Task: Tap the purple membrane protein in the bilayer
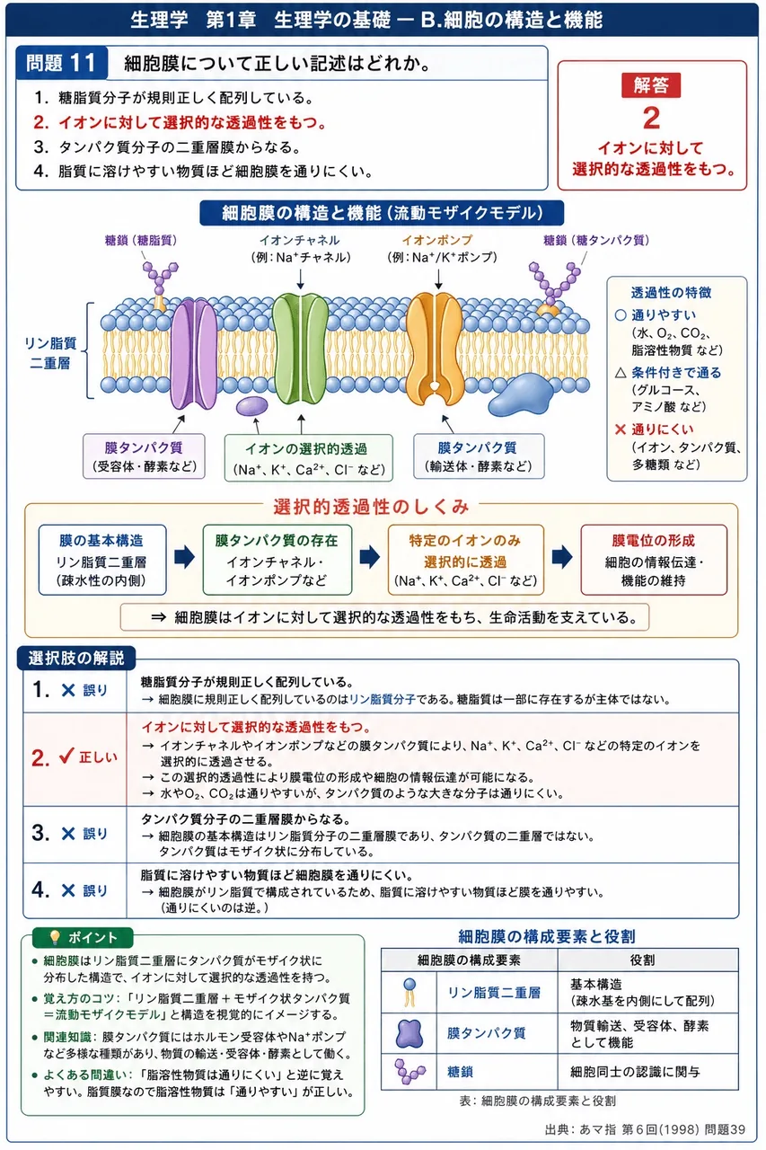pyautogui.click(x=193, y=354)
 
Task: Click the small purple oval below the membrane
pyautogui.click(x=252, y=405)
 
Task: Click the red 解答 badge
pyautogui.click(x=651, y=84)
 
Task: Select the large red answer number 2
pyautogui.click(x=652, y=118)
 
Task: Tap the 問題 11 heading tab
pyautogui.click(x=62, y=63)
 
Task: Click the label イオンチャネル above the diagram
pyautogui.click(x=299, y=240)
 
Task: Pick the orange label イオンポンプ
pyautogui.click(x=436, y=240)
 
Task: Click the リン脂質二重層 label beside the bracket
pyautogui.click(x=50, y=353)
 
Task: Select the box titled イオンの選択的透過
pyautogui.click(x=308, y=458)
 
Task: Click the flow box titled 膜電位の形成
pyautogui.click(x=654, y=560)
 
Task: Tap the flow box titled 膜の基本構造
pyautogui.click(x=102, y=560)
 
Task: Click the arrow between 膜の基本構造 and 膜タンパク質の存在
pyautogui.click(x=184, y=558)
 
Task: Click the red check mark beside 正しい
pyautogui.click(x=66, y=756)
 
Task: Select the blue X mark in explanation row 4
pyautogui.click(x=68, y=890)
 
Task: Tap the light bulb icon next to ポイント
pyautogui.click(x=55, y=937)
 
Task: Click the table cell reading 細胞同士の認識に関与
pyautogui.click(x=635, y=1072)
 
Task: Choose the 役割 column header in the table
pyautogui.click(x=642, y=960)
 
